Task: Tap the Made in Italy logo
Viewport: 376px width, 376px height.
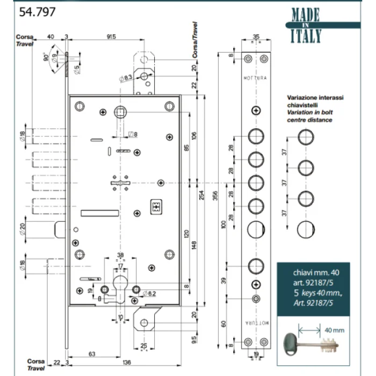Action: [306, 26]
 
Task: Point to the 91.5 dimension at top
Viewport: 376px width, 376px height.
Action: [112, 37]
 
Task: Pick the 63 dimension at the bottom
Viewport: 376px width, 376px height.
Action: [92, 353]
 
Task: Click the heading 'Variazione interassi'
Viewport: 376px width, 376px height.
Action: [316, 99]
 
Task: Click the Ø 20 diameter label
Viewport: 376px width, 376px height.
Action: [21, 229]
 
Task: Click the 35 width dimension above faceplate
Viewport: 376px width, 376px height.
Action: [256, 37]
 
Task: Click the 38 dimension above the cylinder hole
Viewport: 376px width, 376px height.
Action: [121, 256]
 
